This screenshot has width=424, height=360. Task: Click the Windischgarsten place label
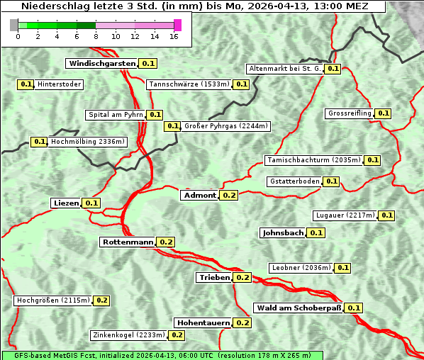click(x=102, y=63)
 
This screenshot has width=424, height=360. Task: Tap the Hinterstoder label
click(x=60, y=84)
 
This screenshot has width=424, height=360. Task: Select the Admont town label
click(x=199, y=195)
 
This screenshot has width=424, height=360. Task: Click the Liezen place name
click(x=66, y=203)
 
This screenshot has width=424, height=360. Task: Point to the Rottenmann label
click(x=128, y=242)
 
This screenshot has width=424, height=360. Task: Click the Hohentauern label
click(x=203, y=322)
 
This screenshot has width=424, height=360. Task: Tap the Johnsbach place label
click(x=283, y=232)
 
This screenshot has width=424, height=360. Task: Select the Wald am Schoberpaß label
click(x=298, y=308)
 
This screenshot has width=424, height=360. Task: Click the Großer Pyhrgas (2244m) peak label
click(x=225, y=126)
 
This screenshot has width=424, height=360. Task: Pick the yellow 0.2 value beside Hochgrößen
click(x=101, y=300)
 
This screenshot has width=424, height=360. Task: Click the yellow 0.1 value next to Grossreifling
click(x=384, y=113)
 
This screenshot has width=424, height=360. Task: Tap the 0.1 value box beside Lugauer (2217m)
click(x=387, y=215)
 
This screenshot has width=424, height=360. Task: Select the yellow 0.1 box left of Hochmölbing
click(x=40, y=142)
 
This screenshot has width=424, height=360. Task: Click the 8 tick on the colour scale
click(x=95, y=35)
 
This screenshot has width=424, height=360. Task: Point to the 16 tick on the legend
click(x=174, y=35)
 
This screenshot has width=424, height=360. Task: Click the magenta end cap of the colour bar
click(x=177, y=25)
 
